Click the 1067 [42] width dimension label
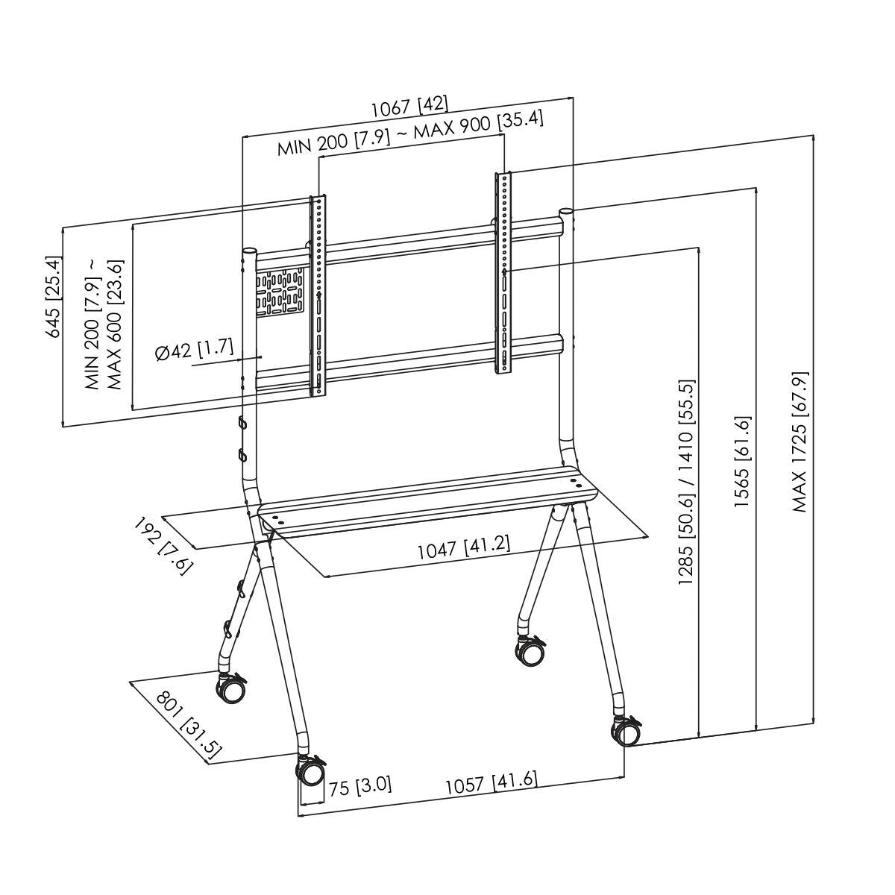tap(409, 107)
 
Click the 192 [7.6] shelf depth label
tap(163, 546)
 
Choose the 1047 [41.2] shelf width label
tap(463, 549)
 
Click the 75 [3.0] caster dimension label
tap(359, 786)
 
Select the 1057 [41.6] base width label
tap(491, 784)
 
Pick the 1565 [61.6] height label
tap(742, 462)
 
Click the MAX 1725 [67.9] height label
tap(800, 442)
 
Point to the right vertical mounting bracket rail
tap(504, 272)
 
